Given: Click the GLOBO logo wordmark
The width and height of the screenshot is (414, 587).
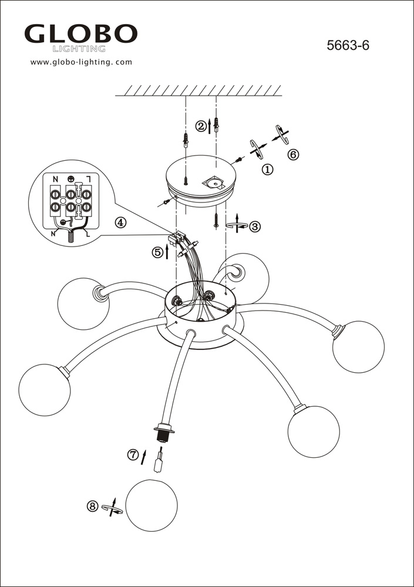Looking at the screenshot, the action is tap(81, 33).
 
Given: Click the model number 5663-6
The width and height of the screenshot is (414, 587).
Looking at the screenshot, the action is tap(348, 45).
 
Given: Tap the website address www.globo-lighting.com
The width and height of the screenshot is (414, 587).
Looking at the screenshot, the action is tap(81, 62).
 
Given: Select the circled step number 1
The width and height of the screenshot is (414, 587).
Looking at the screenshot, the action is tap(268, 170).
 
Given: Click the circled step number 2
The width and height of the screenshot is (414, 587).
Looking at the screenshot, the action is tap(201, 126).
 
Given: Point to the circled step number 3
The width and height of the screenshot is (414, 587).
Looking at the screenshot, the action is tap(255, 227).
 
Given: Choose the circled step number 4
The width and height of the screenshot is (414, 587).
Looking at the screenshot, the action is tap(120, 222).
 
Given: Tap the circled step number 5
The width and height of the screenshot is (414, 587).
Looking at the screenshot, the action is tap(157, 252).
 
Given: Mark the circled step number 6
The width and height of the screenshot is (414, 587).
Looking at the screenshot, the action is tap(294, 154).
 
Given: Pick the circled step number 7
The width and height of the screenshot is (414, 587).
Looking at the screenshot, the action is tap(133, 455).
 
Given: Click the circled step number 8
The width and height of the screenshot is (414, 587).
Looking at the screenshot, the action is tap(92, 507).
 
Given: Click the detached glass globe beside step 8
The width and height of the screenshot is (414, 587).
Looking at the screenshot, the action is tap(152, 505).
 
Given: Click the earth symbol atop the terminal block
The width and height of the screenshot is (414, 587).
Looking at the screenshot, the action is tap(71, 179).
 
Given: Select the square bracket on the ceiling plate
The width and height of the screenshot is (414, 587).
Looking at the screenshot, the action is tap(213, 183).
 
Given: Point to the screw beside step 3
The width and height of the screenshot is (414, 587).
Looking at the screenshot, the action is tap(216, 220).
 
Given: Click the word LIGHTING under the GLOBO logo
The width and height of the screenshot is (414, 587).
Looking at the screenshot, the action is tap(79, 49).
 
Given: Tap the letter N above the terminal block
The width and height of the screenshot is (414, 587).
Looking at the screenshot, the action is tap(55, 179).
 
